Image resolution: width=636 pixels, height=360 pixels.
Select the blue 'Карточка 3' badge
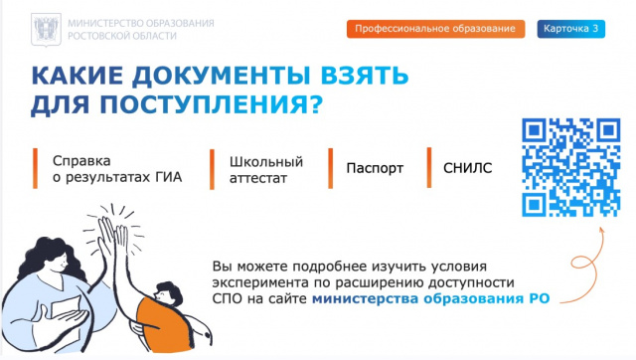[571, 29]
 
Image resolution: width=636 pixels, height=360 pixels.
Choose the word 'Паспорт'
[375, 168]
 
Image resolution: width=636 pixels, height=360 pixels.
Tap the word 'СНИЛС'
[467, 168]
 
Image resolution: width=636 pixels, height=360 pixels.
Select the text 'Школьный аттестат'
[265, 168]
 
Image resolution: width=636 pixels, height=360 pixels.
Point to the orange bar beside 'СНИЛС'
[428, 167]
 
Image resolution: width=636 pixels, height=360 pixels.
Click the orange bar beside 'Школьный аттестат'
[213, 168]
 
